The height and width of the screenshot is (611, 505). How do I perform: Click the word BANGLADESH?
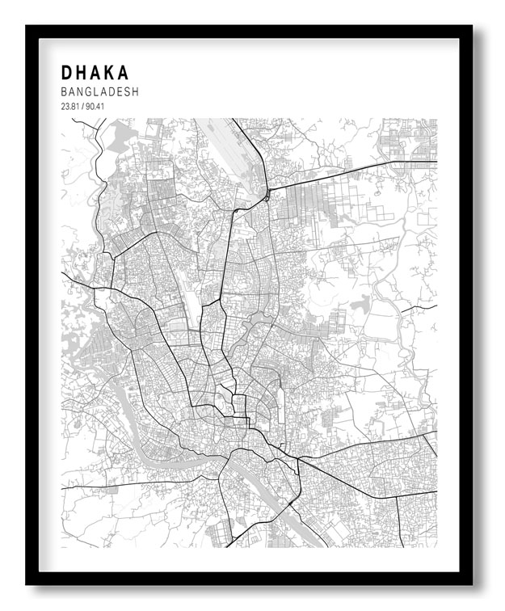point(99,92)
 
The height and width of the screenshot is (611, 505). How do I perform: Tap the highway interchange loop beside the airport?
point(266,196)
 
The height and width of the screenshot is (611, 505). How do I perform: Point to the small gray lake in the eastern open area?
point(362,306)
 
